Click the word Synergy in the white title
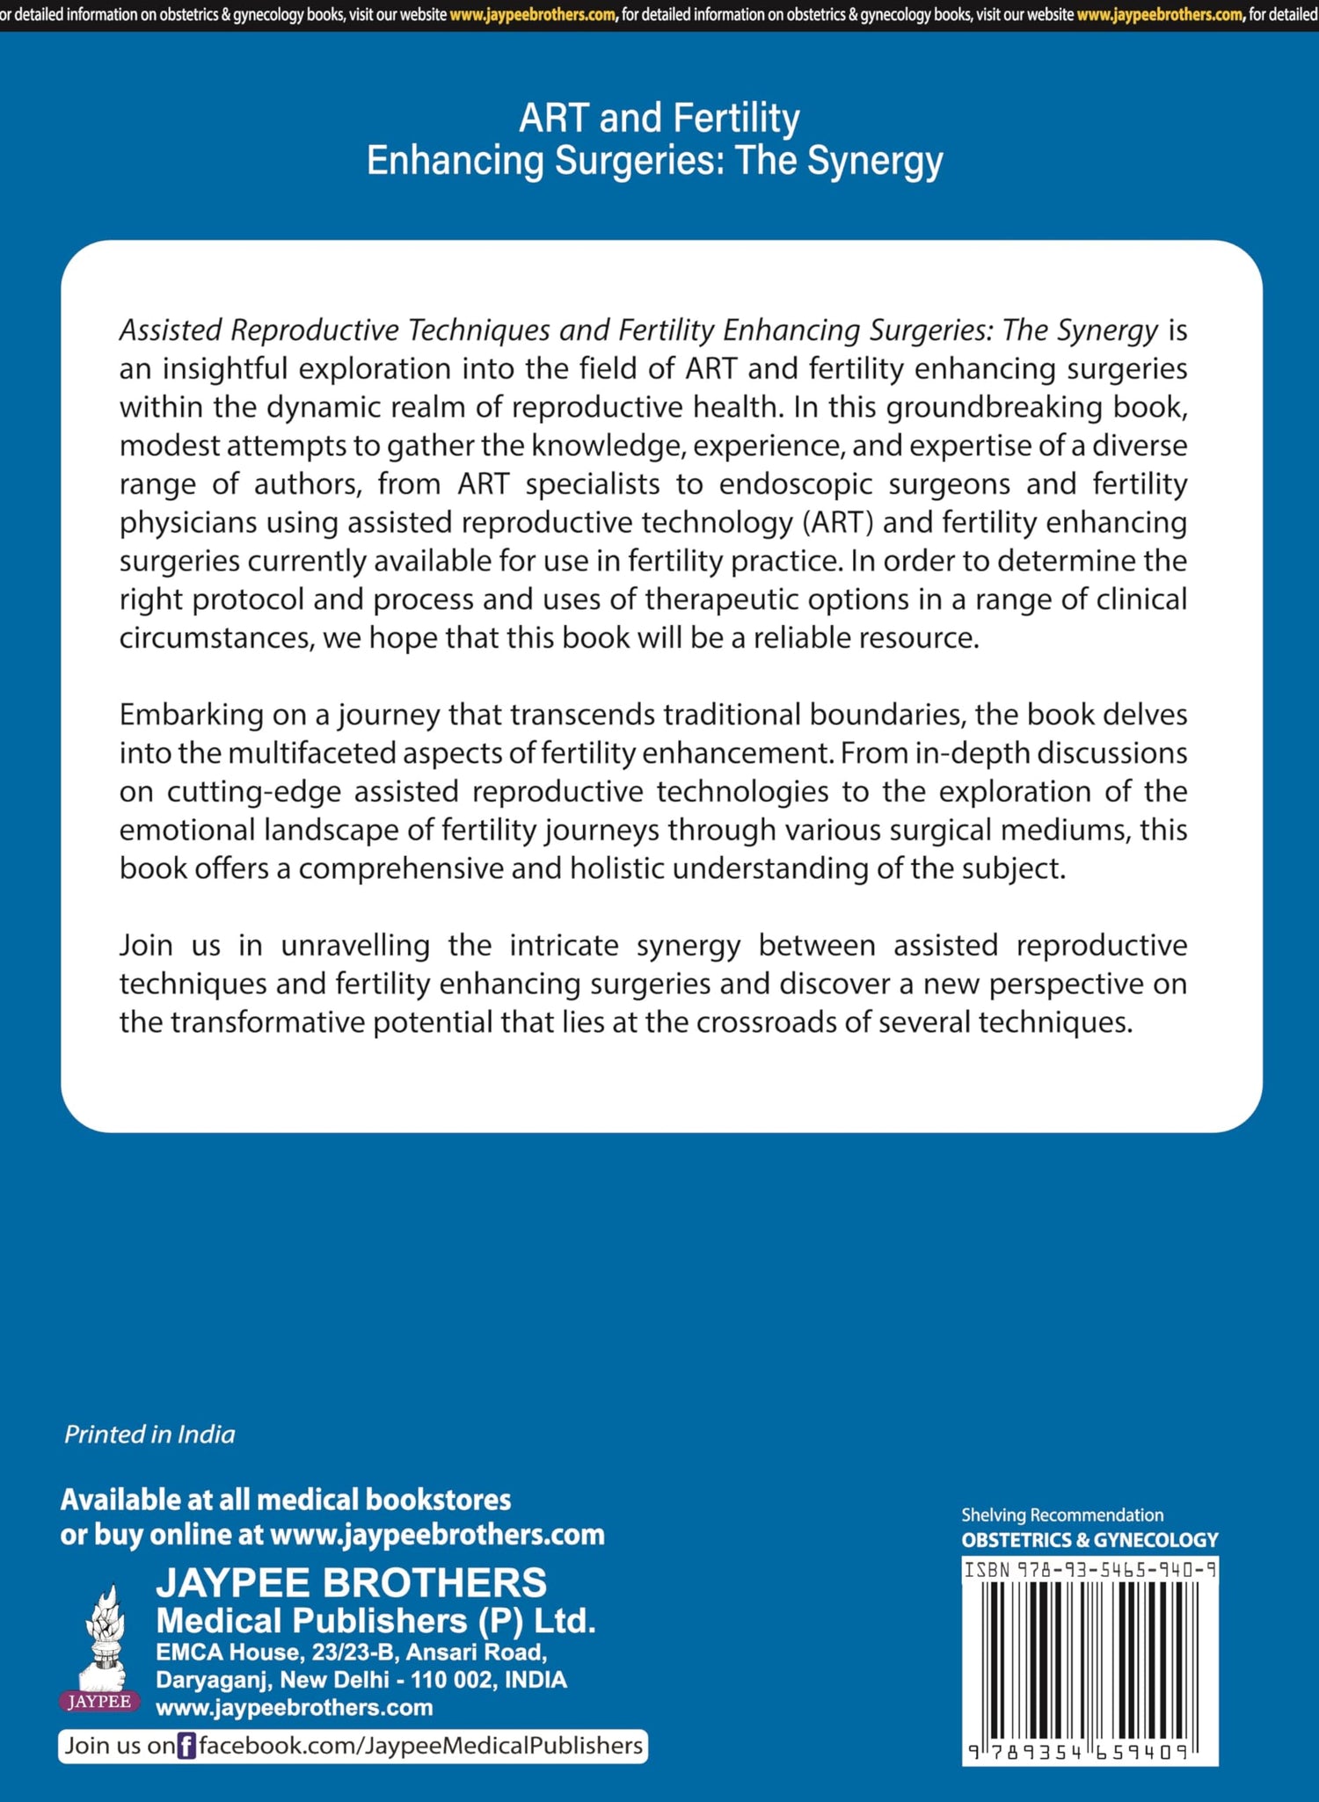(875, 161)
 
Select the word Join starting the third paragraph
(146, 946)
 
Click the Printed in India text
(149, 1435)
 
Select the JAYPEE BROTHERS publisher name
(351, 1583)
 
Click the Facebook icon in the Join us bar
(186, 1746)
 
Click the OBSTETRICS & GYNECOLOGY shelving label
(1089, 1540)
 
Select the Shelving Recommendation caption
(1061, 1515)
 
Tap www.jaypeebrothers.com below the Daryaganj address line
(294, 1708)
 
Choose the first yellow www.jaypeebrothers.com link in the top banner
(532, 15)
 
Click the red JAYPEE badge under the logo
(99, 1701)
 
